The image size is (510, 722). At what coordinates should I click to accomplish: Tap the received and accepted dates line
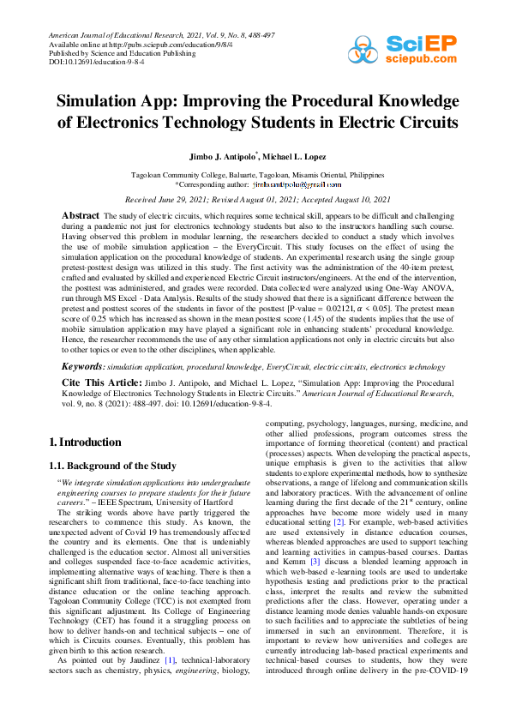[255, 198]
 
